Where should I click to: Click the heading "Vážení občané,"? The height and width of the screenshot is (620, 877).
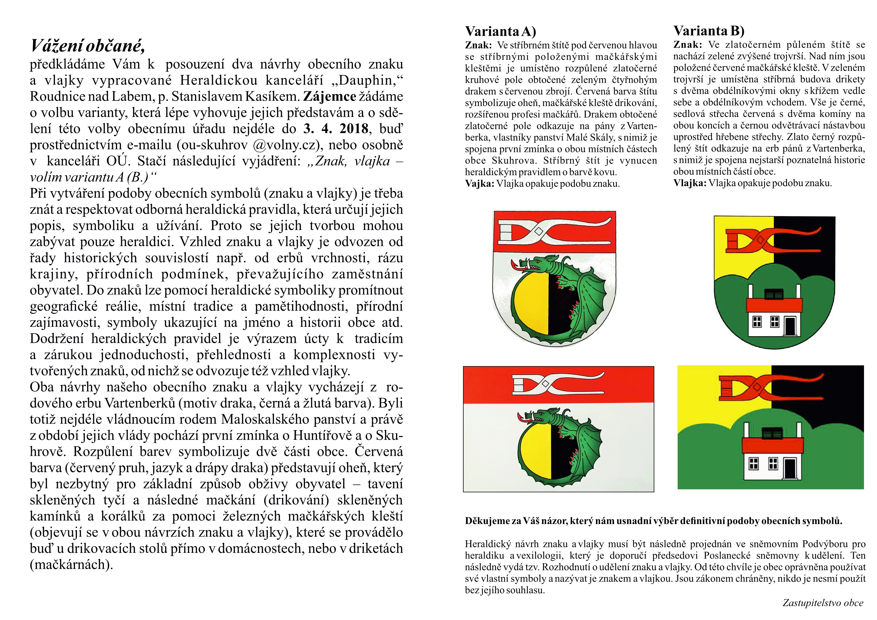point(87,46)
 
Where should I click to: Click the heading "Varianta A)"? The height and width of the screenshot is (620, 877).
point(500,31)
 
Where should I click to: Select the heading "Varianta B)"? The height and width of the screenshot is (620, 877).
point(708,30)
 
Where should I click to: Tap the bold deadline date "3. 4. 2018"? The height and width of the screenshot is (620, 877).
point(336,129)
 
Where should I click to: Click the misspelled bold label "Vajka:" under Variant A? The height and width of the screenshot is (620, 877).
point(479,184)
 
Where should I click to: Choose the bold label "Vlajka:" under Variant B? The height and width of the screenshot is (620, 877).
point(689,183)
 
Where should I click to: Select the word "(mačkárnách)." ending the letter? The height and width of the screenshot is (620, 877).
point(71,564)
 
